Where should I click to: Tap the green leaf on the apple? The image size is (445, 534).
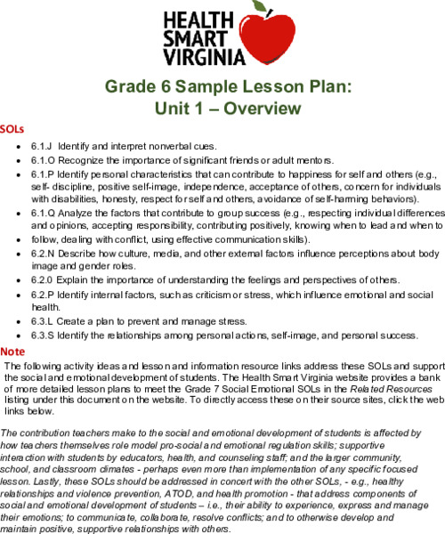tap(260, 7)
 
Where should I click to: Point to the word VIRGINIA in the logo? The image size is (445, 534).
tap(202, 59)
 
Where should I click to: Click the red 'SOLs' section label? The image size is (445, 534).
tap(12, 128)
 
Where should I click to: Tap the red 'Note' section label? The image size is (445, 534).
tap(13, 327)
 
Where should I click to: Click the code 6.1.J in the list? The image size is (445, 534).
tap(43, 143)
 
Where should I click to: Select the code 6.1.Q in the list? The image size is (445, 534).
tap(44, 214)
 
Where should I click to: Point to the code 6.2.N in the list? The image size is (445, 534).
tap(44, 254)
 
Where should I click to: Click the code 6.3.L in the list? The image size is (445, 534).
tap(43, 320)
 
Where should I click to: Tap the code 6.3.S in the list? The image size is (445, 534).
tap(44, 335)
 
